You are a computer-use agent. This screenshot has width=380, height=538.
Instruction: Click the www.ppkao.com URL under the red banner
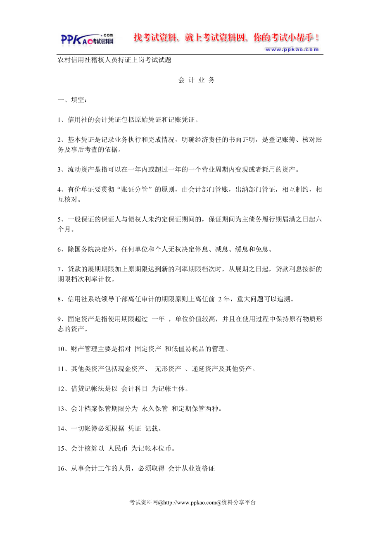point(292,50)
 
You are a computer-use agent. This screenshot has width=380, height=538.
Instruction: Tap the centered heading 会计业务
point(197,80)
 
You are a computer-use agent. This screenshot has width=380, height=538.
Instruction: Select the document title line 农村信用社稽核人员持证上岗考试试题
point(114,60)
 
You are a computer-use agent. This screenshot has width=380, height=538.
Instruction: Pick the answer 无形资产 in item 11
point(168,369)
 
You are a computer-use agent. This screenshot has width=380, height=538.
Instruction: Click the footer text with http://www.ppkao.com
point(193,503)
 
